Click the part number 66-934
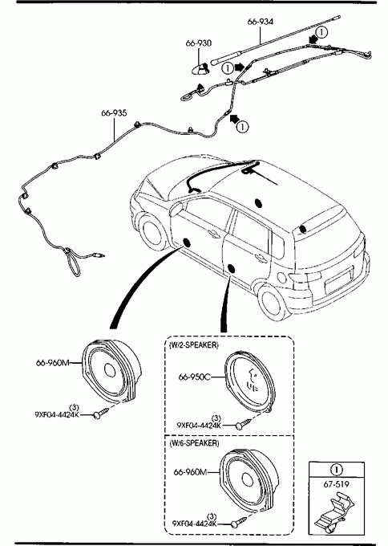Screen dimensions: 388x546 (x=261, y=22)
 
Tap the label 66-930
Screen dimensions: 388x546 (x=199, y=43)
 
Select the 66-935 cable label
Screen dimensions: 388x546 (x=114, y=113)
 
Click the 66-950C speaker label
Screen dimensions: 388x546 (x=194, y=377)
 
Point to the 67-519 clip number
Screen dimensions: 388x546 (x=336, y=484)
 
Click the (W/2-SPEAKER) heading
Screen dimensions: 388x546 (x=194, y=345)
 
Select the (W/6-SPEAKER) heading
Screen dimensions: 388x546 (x=194, y=443)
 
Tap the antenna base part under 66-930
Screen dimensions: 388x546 (x=200, y=68)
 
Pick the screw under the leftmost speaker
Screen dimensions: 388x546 (x=101, y=413)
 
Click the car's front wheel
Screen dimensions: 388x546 (x=154, y=232)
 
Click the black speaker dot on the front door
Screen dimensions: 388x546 (x=187, y=242)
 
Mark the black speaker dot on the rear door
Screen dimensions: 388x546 (x=231, y=267)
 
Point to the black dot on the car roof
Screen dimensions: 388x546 (x=258, y=202)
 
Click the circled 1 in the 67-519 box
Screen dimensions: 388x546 (x=336, y=470)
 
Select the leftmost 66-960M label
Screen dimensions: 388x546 (x=53, y=363)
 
